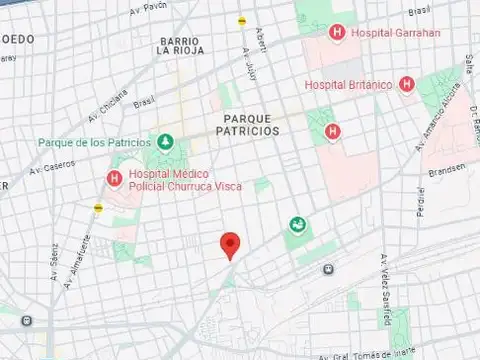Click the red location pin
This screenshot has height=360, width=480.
230,243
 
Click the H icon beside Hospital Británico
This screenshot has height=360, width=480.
406,84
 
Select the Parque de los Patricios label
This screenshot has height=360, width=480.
95,142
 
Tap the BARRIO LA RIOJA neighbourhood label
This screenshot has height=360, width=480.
180,46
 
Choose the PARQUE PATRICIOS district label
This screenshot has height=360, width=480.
245,124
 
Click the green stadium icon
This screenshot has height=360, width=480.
297,226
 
